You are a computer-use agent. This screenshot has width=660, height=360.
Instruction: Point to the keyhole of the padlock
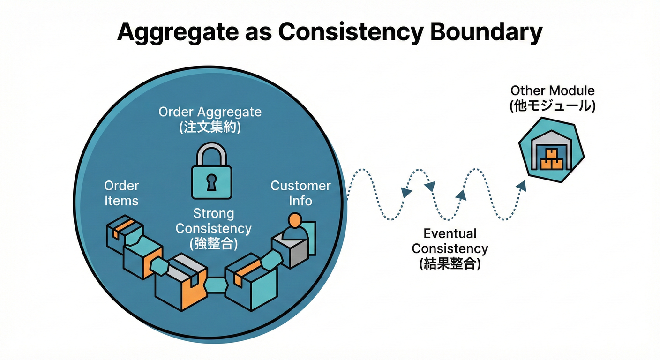211,182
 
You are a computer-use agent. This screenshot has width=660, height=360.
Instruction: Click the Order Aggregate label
210,112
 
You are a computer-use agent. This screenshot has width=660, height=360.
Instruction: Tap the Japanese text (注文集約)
210,127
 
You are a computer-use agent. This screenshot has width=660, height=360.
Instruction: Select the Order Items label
121,193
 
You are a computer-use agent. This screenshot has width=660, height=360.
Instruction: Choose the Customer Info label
300,193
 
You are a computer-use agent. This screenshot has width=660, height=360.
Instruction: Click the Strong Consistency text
213,221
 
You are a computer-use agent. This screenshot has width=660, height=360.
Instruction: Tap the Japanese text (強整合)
213,243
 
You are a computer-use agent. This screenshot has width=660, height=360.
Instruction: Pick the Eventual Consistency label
450,241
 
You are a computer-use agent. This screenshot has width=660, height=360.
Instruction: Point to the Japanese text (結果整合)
450,263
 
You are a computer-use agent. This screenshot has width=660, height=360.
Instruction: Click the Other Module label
552,90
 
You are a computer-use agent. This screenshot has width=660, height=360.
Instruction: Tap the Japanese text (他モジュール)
552,106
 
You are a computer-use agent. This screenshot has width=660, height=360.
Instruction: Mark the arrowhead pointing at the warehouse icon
522,185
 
